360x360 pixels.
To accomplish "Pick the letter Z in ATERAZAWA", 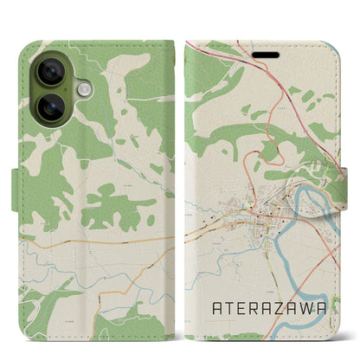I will [x=290, y=306].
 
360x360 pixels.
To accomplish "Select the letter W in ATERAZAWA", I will [x=322, y=306].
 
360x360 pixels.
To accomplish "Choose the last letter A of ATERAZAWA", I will [x=338, y=306].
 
